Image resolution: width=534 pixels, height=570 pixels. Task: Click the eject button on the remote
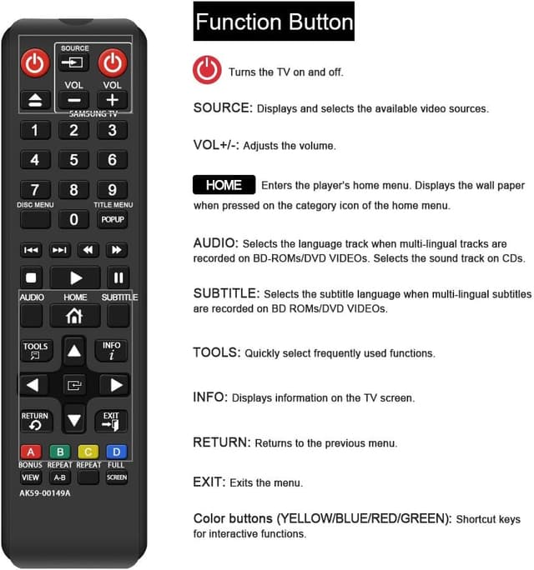(34, 101)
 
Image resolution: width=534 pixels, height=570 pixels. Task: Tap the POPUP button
(112, 220)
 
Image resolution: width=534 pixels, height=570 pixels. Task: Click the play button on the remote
(74, 277)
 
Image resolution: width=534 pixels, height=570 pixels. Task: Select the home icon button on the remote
(74, 316)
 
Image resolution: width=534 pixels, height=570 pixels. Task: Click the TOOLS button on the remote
(36, 350)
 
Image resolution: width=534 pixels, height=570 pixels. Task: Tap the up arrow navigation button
(74, 351)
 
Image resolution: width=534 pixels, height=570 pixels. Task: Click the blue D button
(116, 452)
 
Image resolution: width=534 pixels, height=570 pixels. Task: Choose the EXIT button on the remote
(111, 421)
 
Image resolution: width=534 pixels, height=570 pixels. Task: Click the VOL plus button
(112, 100)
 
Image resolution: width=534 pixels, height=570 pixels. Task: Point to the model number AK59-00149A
(45, 492)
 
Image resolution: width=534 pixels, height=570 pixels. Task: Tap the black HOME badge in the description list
(224, 185)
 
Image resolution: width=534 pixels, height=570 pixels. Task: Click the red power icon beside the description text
(207, 70)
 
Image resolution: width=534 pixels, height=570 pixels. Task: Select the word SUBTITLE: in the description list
(227, 294)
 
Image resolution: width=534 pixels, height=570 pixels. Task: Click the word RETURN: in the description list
(221, 442)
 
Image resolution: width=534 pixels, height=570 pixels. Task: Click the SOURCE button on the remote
(73, 62)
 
